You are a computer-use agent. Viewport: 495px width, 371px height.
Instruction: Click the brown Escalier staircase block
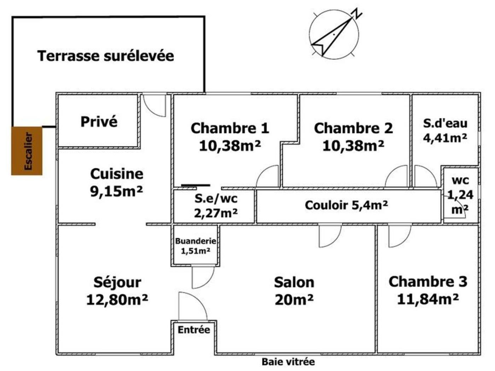(x=27, y=151)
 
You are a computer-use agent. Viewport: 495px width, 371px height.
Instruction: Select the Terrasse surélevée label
(x=105, y=56)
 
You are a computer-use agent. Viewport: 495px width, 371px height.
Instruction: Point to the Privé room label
(x=99, y=122)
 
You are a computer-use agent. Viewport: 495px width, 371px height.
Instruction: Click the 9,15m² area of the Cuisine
(x=117, y=192)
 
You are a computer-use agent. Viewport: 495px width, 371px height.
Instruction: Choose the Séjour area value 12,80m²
(x=117, y=300)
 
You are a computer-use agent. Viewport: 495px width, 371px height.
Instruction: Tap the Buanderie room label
(x=196, y=241)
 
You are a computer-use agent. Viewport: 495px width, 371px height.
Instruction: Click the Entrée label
(x=194, y=330)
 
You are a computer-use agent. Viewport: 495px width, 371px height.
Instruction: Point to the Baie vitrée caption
(x=288, y=362)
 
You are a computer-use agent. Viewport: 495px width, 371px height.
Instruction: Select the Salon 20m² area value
(x=294, y=300)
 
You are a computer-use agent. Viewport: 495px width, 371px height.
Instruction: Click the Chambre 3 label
(x=428, y=282)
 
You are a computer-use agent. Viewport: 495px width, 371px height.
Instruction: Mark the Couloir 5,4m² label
(x=346, y=205)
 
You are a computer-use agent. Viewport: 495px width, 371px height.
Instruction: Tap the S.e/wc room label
(x=216, y=199)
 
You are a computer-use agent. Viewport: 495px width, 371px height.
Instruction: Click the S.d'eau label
(x=445, y=123)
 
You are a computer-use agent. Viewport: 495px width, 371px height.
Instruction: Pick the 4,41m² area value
(x=445, y=138)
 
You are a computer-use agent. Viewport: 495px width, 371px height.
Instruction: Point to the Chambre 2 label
(x=353, y=128)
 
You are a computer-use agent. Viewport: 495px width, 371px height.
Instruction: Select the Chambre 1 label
(x=230, y=128)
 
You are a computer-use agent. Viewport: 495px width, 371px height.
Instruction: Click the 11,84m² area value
(x=428, y=300)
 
